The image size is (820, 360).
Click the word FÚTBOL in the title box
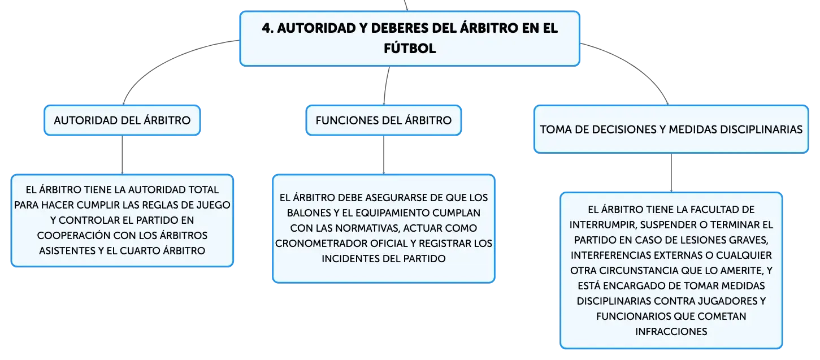click(x=410, y=48)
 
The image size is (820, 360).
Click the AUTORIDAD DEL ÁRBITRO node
click(x=122, y=120)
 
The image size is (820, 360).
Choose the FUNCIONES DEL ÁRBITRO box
click(x=384, y=120)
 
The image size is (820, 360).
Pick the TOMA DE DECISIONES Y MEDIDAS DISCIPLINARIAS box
click(x=671, y=129)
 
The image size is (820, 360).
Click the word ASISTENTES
click(x=67, y=251)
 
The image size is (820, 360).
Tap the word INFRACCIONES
click(x=671, y=332)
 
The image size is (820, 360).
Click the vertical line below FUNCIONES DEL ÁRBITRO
click(x=384, y=155)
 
